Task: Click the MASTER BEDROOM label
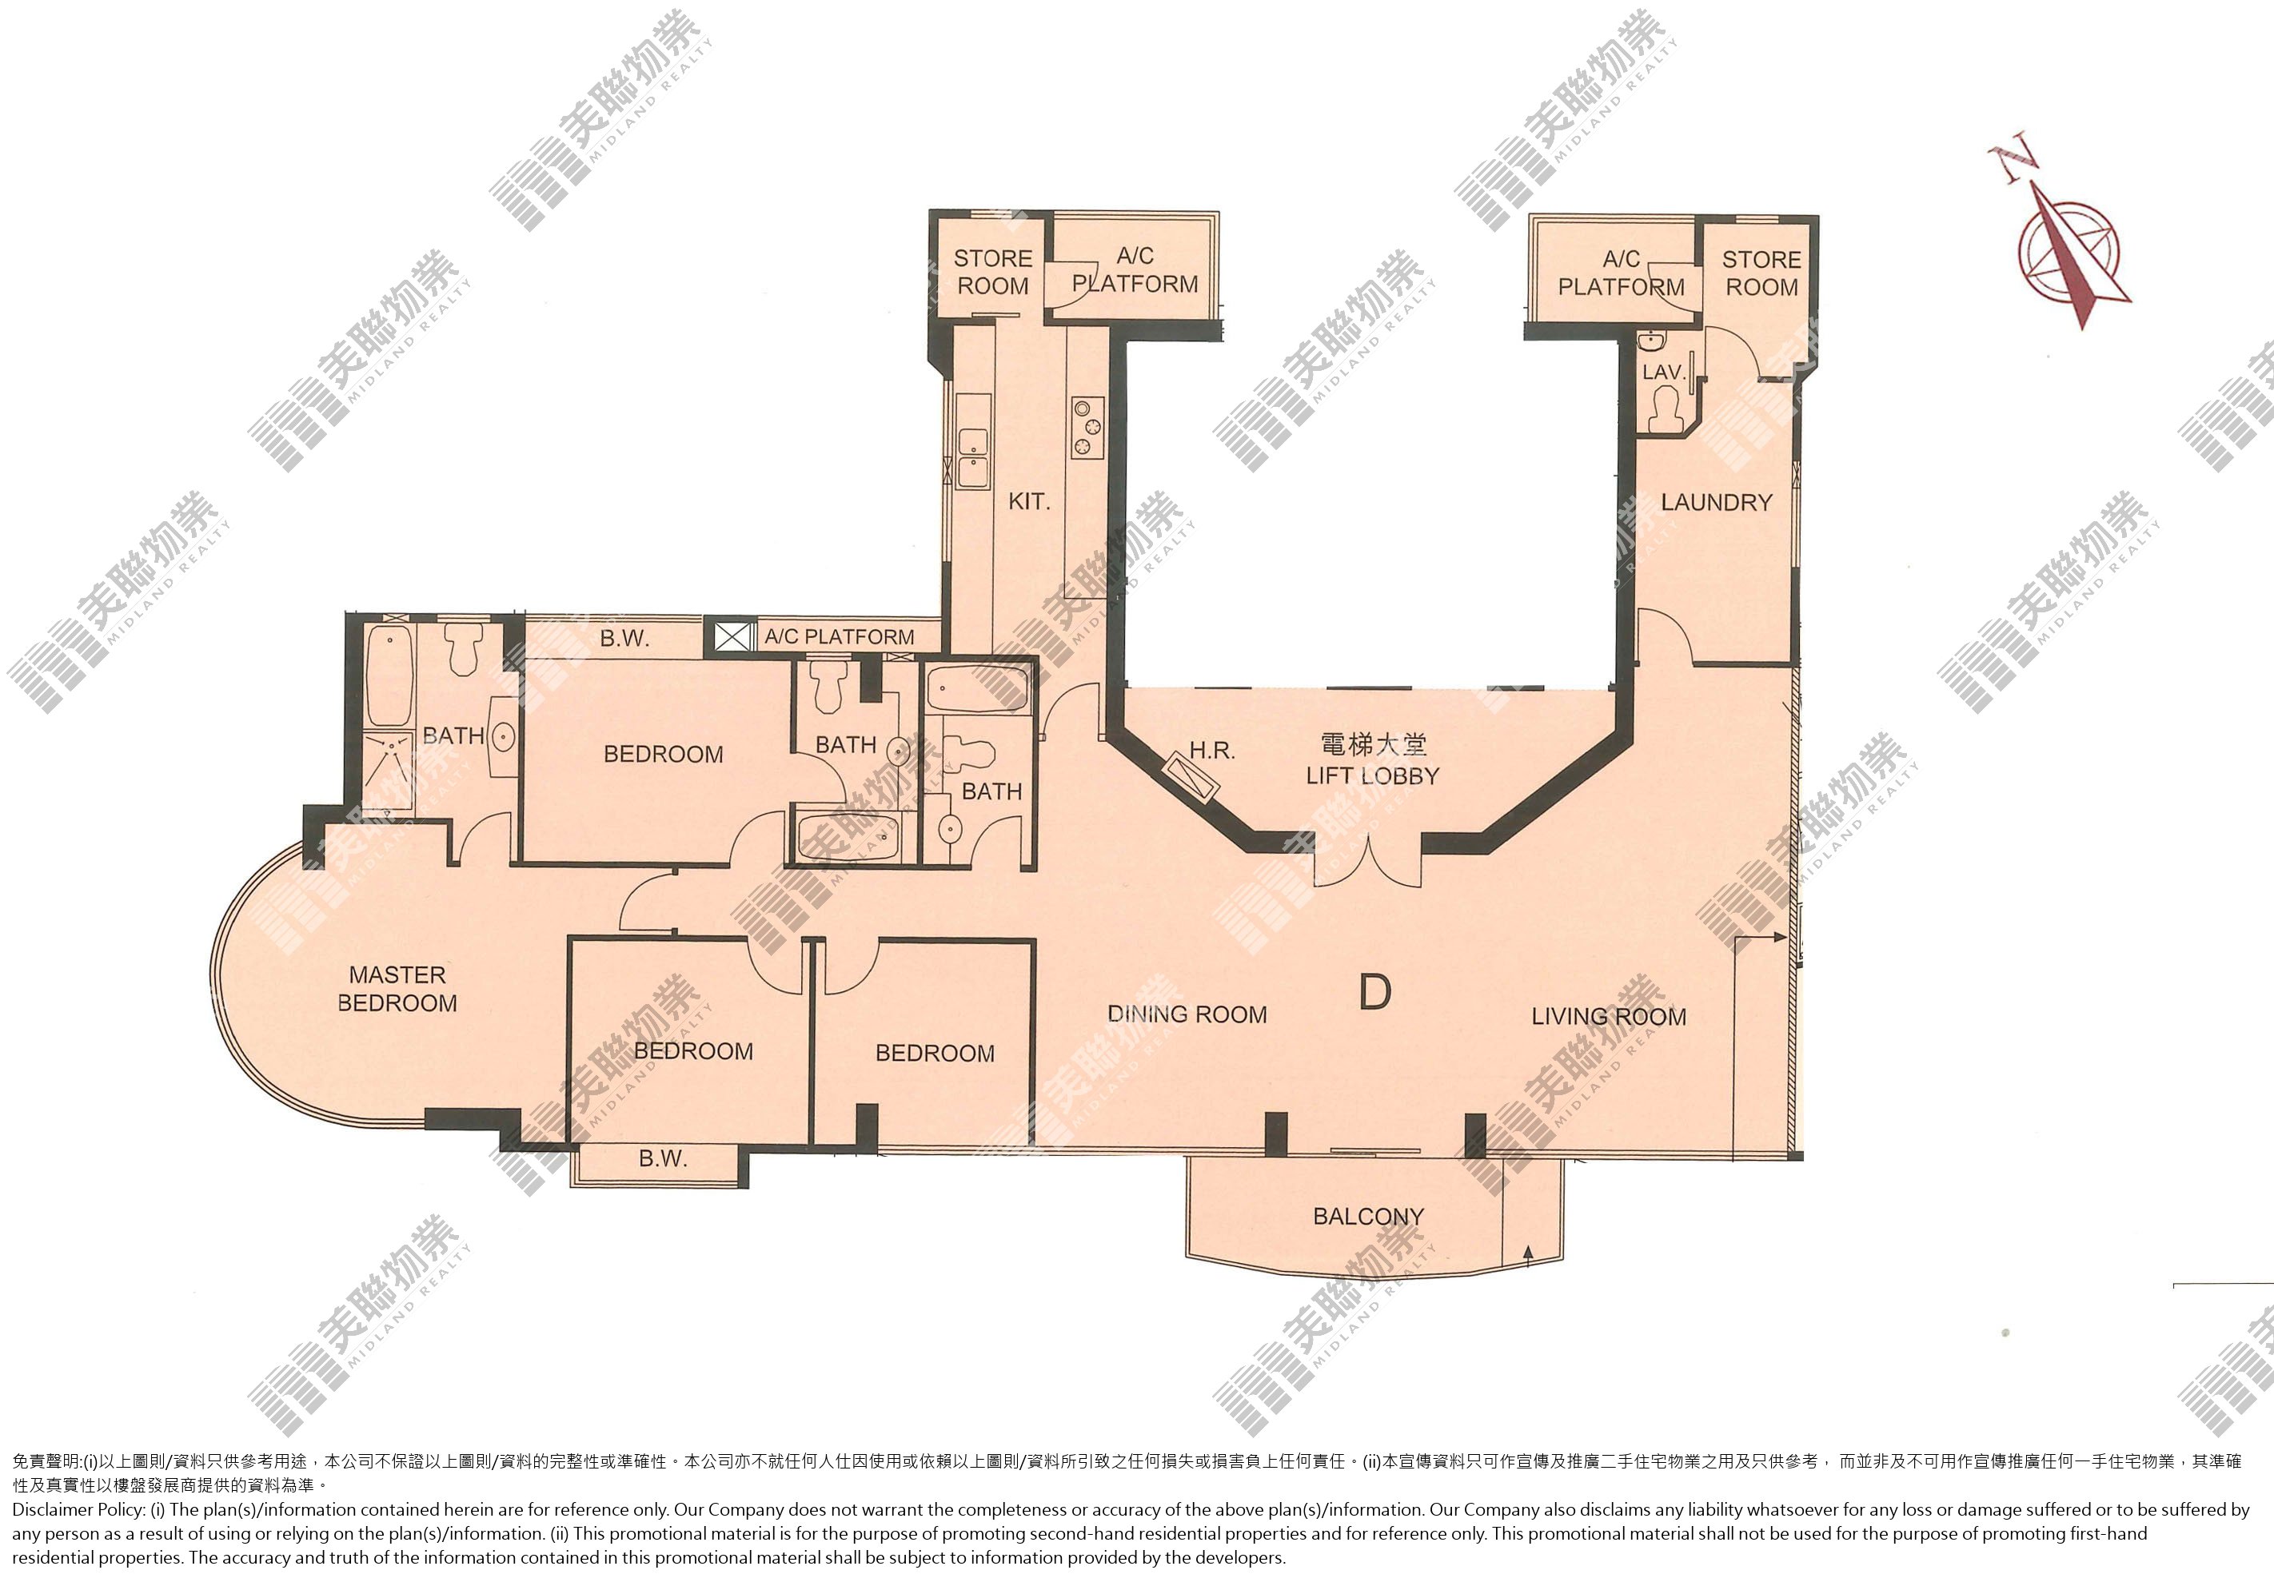coord(397,989)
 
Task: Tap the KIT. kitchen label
coord(1029,502)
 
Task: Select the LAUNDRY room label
coord(1717,503)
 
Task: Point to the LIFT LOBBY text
coord(1372,776)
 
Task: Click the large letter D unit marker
coord(1374,991)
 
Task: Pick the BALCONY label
coord(1368,1217)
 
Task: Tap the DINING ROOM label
coord(1187,1014)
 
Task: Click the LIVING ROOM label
coord(1609,1017)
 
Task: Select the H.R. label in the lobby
coord(1212,751)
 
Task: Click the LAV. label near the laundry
coord(1664,373)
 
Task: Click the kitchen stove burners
coord(1088,427)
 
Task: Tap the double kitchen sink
coord(972,457)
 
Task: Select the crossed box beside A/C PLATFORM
coord(731,636)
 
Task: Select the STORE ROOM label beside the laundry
coord(1761,273)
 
